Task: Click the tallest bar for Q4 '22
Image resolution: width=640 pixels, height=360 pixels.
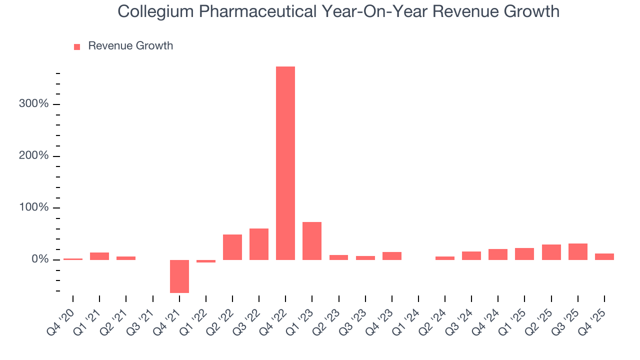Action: coord(285,163)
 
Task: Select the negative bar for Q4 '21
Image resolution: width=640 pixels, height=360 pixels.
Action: coord(179,276)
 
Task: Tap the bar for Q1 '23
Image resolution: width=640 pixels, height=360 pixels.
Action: coord(312,240)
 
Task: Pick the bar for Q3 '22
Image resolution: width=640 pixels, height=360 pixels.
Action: coord(259,244)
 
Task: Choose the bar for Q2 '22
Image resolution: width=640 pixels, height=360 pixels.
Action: coord(232,247)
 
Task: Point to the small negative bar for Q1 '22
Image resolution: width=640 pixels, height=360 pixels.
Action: coord(206,261)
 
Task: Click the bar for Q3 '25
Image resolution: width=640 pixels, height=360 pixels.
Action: coord(578,251)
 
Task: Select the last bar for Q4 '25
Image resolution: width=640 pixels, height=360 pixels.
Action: coord(604,256)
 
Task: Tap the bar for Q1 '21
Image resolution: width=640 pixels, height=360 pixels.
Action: coord(99,256)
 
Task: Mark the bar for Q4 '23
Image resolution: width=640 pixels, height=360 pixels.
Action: coord(392,255)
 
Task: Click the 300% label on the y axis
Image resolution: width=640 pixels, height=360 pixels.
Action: coord(34,104)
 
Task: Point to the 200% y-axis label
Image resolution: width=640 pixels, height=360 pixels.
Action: coord(34,156)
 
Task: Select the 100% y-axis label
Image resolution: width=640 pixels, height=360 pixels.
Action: coord(34,207)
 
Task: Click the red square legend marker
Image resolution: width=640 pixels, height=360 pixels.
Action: coord(77,46)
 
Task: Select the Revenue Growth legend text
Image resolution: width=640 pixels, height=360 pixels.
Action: coord(130,46)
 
